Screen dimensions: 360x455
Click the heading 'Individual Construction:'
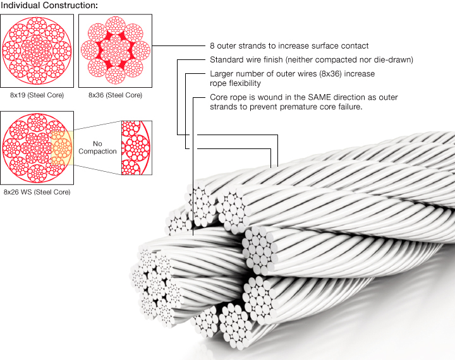[49, 5]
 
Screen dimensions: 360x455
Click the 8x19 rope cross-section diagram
[38, 51]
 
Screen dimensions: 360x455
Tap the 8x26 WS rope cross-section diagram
[38, 148]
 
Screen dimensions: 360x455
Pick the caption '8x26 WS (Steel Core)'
[37, 191]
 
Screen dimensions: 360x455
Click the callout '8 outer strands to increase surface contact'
[289, 46]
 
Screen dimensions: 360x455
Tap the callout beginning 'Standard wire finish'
[311, 60]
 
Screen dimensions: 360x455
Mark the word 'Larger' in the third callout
[221, 74]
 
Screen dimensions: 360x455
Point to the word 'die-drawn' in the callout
[394, 60]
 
